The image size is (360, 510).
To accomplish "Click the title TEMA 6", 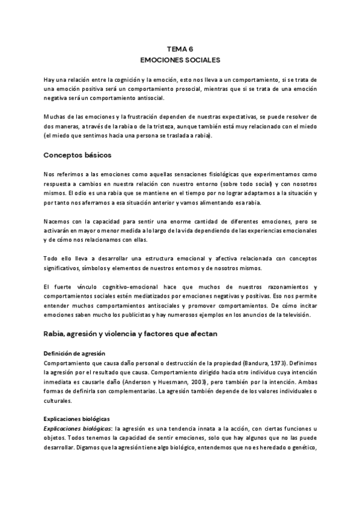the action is tap(180, 51).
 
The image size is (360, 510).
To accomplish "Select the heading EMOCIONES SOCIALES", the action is tap(180, 61).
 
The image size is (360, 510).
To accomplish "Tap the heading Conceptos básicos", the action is tap(77, 155).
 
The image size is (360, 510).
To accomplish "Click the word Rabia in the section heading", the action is tap(55, 333).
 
